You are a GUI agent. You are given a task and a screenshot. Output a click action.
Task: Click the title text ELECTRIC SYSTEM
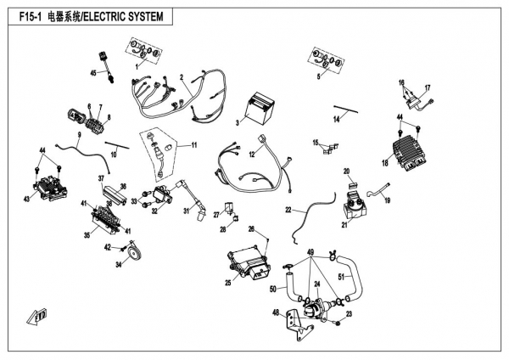coord(128,16)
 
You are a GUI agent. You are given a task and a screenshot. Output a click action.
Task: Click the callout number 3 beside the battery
coord(238,123)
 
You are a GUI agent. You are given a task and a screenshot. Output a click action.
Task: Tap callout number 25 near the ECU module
coord(228,283)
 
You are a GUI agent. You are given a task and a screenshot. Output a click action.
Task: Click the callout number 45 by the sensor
coord(95,73)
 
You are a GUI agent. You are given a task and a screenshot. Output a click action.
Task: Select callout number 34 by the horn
coord(118,266)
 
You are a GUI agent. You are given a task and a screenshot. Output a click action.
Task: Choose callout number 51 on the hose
coord(342,277)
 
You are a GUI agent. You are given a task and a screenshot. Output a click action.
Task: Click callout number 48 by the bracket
coord(276,313)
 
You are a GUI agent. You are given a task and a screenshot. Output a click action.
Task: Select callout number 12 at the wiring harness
coord(252,155)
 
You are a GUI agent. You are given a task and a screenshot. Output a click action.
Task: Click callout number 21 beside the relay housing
coord(345,225)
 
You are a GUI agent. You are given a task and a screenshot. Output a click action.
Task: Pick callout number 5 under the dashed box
coord(319,76)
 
